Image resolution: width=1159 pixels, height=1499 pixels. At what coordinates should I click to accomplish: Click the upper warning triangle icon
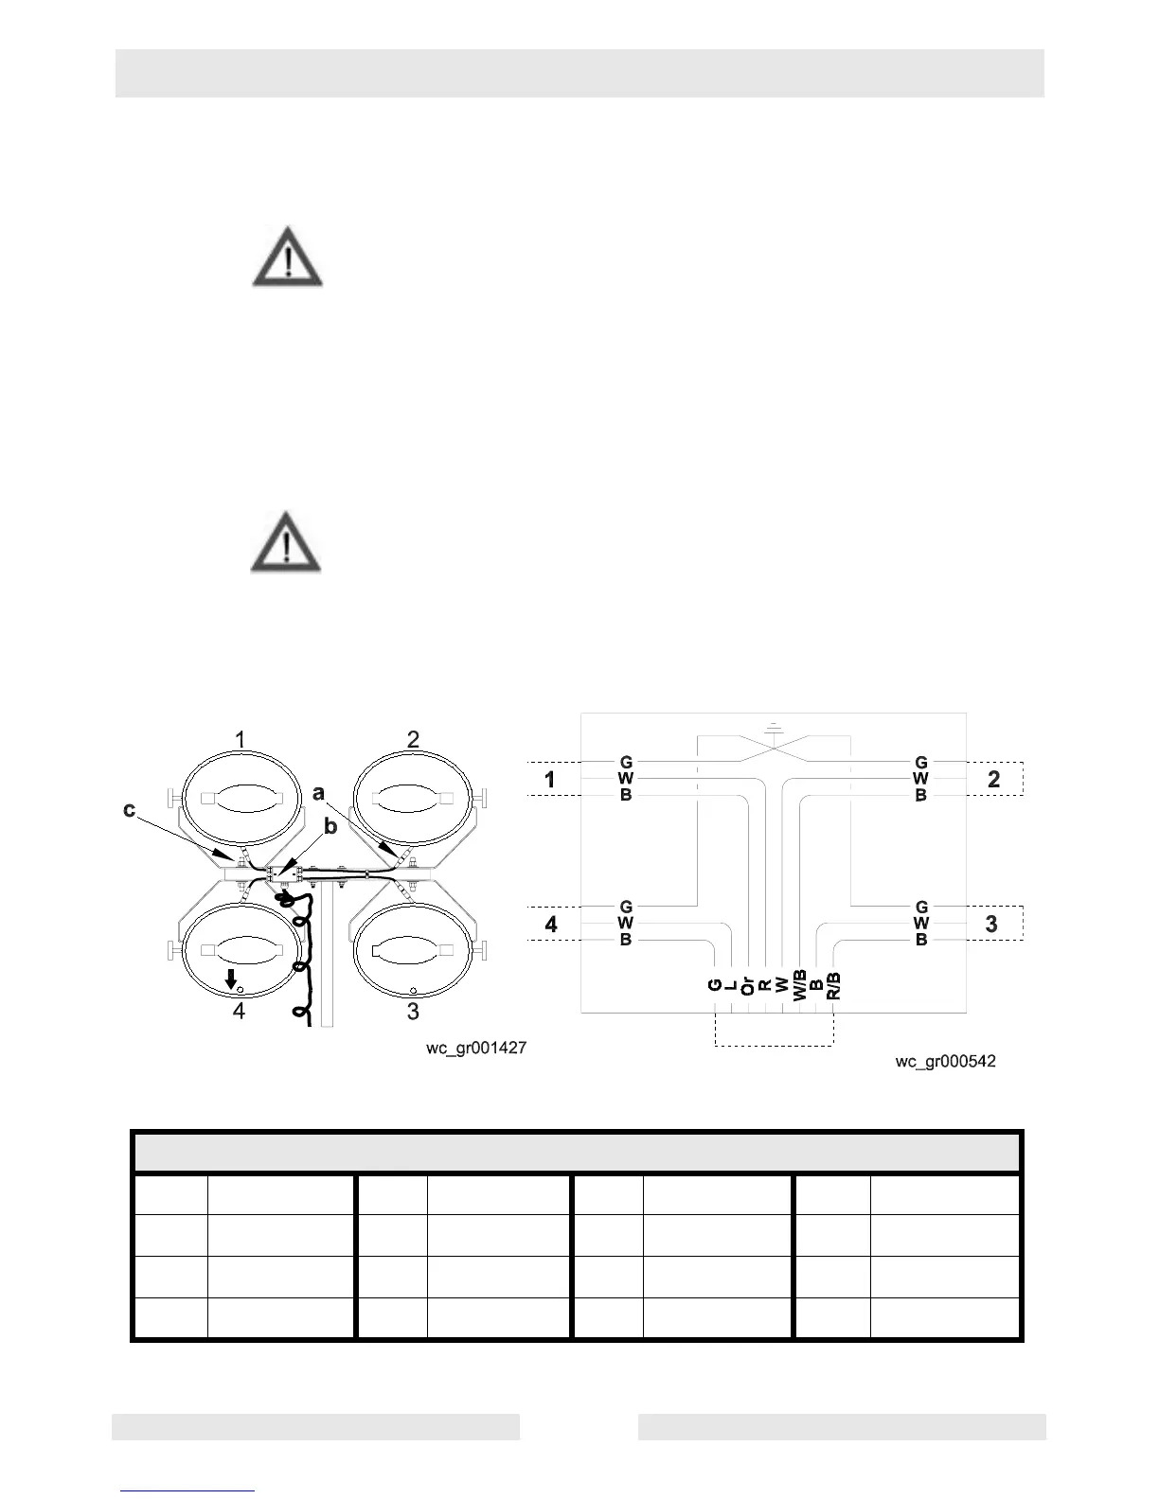click(287, 256)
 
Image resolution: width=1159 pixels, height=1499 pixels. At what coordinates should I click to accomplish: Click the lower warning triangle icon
click(286, 543)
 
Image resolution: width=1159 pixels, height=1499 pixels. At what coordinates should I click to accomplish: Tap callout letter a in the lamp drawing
click(319, 793)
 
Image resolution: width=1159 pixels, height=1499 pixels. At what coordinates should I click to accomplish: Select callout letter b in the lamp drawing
click(330, 827)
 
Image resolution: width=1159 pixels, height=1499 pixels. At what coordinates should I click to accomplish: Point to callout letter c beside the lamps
click(130, 810)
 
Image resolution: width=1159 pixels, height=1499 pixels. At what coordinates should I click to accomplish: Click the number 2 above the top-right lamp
click(413, 740)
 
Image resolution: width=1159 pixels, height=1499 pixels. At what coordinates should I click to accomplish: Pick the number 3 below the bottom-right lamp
click(413, 1012)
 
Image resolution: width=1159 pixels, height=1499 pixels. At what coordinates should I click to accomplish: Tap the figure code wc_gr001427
click(475, 1049)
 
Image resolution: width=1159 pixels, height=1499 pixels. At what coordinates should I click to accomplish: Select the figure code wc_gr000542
click(945, 1062)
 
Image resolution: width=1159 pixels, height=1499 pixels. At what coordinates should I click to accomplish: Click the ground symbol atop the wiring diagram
click(775, 728)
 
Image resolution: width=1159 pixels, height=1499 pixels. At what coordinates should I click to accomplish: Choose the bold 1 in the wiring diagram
click(550, 781)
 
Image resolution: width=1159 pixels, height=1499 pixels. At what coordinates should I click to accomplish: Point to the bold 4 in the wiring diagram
click(551, 924)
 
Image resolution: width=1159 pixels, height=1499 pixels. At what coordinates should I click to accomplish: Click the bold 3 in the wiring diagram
click(991, 924)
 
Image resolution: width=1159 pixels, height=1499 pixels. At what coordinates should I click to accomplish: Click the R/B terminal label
click(833, 985)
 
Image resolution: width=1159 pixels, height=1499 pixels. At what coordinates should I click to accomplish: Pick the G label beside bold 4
click(626, 907)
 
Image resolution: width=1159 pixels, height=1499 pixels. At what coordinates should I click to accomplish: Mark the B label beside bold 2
click(920, 796)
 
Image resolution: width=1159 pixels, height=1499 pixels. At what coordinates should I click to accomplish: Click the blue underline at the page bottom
click(188, 1490)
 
